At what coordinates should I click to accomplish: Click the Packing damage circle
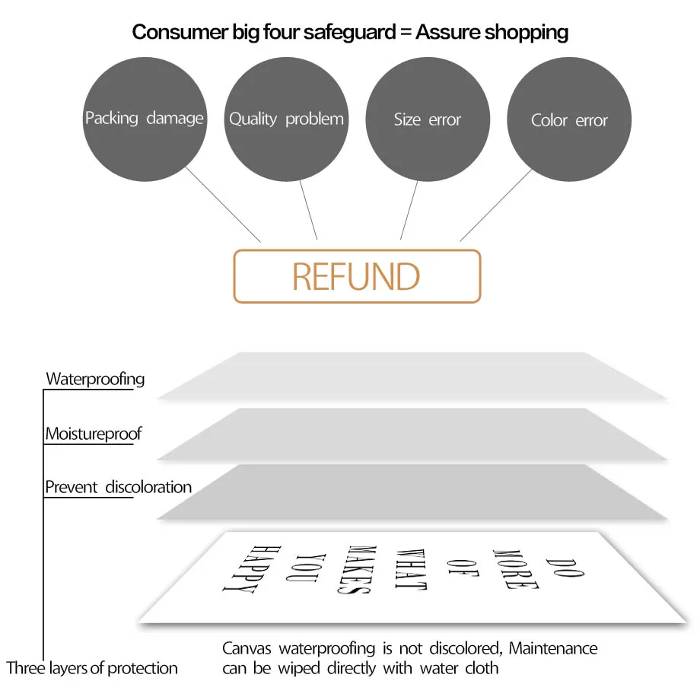pos(145,119)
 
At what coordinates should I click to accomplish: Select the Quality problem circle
pos(286,119)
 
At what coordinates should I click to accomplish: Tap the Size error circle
pos(428,119)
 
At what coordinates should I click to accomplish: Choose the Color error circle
pos(569,119)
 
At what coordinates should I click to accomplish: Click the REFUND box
pos(357,276)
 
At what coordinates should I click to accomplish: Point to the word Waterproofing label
pos(95,379)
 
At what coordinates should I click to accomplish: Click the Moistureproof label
pos(94,434)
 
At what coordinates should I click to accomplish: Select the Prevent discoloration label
pos(118,487)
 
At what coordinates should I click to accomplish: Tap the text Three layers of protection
pos(92,668)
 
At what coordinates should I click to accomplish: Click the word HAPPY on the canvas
pos(252,569)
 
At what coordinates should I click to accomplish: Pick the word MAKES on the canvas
pos(357,570)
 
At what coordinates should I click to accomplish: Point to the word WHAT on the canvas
pos(411,569)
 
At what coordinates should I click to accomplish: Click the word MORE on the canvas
pos(516,569)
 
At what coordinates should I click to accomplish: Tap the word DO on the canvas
pos(565,568)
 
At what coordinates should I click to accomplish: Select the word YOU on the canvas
pos(306,568)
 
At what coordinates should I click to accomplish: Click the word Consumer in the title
pos(180,32)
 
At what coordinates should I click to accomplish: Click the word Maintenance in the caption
pos(553,648)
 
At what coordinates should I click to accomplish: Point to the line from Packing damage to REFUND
pos(223,205)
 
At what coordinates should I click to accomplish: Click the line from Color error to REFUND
pos(496,205)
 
